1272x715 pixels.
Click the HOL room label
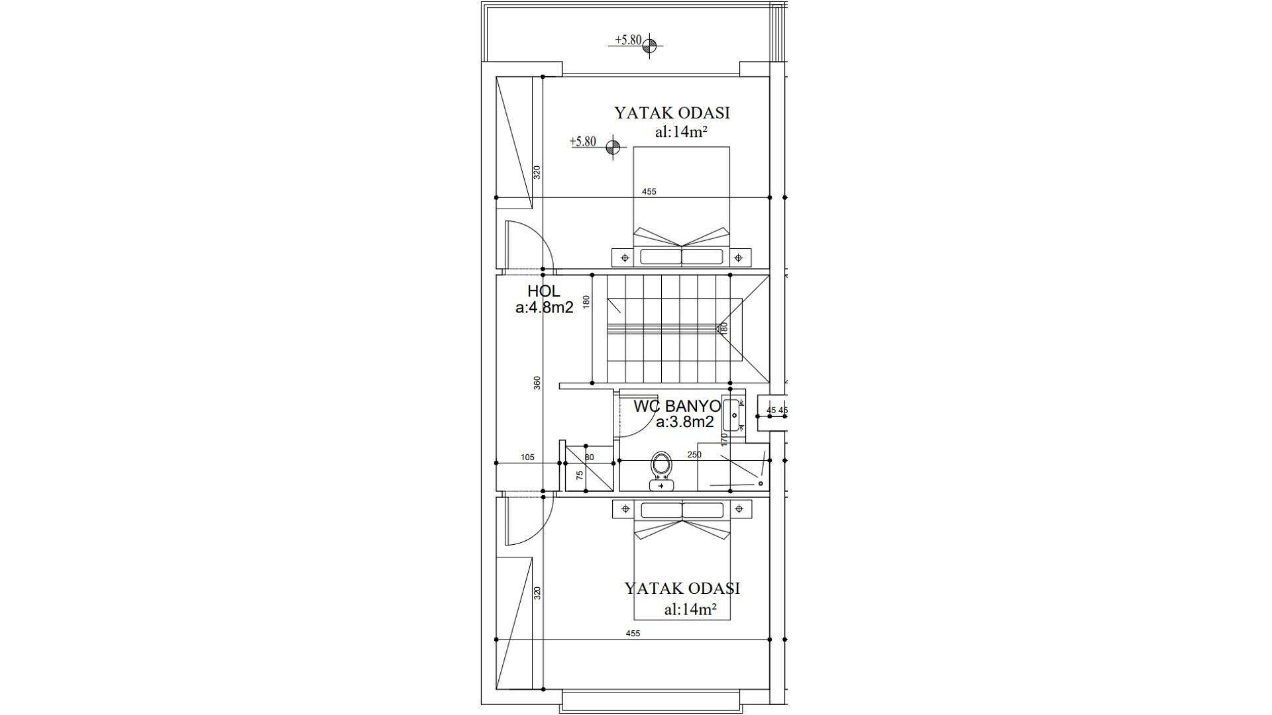point(544,291)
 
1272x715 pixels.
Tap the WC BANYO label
point(677,406)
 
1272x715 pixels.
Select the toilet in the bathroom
point(661,471)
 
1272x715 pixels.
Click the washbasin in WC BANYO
point(733,415)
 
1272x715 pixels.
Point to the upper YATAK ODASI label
point(672,113)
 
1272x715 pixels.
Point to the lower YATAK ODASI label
point(682,589)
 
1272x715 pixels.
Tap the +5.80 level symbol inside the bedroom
point(596,144)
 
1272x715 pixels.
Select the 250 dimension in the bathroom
point(694,455)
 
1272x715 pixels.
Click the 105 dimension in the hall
point(527,457)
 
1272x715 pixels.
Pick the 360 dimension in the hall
point(537,383)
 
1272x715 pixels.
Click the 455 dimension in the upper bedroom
point(649,191)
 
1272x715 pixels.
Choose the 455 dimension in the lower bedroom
point(633,634)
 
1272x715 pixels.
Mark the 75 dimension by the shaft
point(580,475)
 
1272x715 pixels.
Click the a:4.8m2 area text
point(545,307)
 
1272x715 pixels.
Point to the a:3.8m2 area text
point(685,422)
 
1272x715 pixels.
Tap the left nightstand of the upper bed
point(624,257)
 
